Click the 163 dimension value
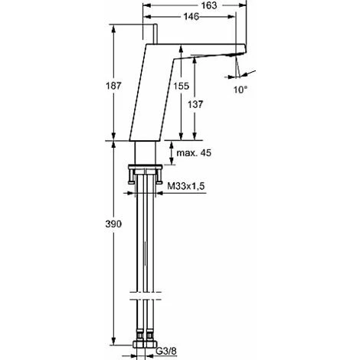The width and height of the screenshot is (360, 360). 209,5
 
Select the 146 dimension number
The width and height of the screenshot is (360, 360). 191,17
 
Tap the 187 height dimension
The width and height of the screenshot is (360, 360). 113,86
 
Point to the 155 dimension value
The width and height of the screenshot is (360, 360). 182,86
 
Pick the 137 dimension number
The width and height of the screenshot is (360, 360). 195,104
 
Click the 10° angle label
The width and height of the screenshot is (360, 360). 241,90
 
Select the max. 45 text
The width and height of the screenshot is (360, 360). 194,153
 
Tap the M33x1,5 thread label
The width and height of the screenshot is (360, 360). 186,186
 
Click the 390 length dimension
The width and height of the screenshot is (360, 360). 113,224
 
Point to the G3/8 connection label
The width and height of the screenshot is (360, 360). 166,352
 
